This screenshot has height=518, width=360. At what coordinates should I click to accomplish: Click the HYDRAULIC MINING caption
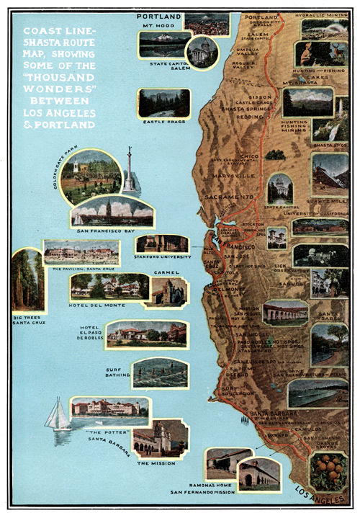coord(325,14)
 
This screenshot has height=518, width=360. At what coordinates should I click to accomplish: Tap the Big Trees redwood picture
coord(28,280)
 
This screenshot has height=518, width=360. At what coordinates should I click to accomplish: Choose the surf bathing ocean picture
coord(159,374)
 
